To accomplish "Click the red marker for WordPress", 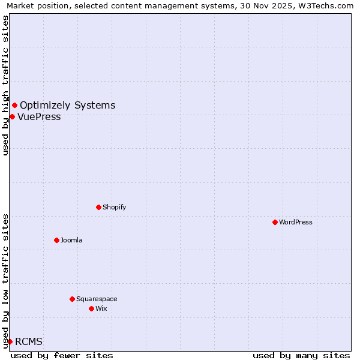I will [275, 222].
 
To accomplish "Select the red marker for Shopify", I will [98, 207].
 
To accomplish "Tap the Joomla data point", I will [56, 240].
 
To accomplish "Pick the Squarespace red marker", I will [72, 299].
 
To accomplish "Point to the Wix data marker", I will [91, 308].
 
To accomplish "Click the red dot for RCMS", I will [10, 341].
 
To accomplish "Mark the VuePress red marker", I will [12, 116].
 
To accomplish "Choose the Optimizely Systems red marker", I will [14, 106].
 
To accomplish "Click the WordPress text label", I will [296, 222].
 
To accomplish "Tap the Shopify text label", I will [115, 207].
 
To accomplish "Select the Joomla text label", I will [71, 240].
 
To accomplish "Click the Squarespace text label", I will [97, 299].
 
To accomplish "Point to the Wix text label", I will [101, 308].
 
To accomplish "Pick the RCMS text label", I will [29, 341].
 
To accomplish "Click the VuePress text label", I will [39, 116].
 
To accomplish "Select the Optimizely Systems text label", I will [67, 106].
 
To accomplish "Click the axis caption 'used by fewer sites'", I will [62, 355].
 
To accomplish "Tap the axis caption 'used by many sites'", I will [301, 355].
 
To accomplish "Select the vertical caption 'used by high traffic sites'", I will [5, 85].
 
